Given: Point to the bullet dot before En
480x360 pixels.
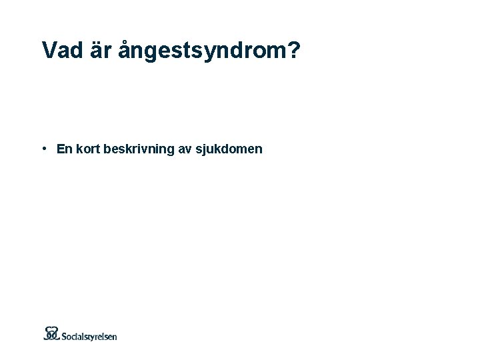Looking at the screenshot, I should click(43, 148).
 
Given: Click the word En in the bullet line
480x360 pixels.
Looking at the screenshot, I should click(64, 149).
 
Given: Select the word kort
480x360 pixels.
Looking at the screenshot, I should click(87, 149).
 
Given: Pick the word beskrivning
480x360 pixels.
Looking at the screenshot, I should click(139, 150).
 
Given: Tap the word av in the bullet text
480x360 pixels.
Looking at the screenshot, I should click(184, 150).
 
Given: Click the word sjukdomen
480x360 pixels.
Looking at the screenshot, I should click(229, 150).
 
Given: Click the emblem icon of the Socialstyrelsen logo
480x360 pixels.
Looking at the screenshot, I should click(52, 333).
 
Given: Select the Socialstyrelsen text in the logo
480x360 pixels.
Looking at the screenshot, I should click(89, 336).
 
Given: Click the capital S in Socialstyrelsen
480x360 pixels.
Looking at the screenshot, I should click(65, 335).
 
